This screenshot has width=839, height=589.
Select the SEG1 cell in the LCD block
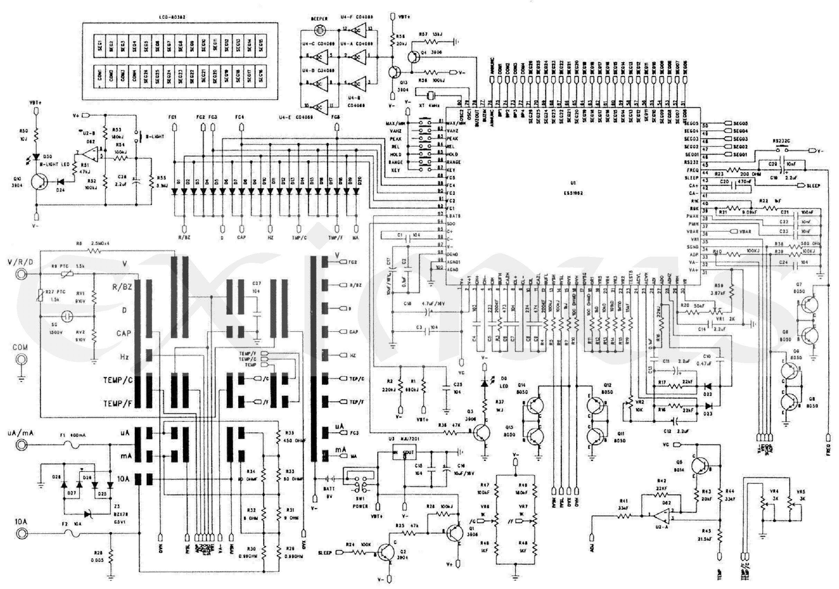[x=99, y=46]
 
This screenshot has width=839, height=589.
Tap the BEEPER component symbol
[x=320, y=30]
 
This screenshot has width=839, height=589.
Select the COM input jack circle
[x=20, y=360]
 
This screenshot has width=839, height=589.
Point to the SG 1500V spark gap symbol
[x=66, y=316]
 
